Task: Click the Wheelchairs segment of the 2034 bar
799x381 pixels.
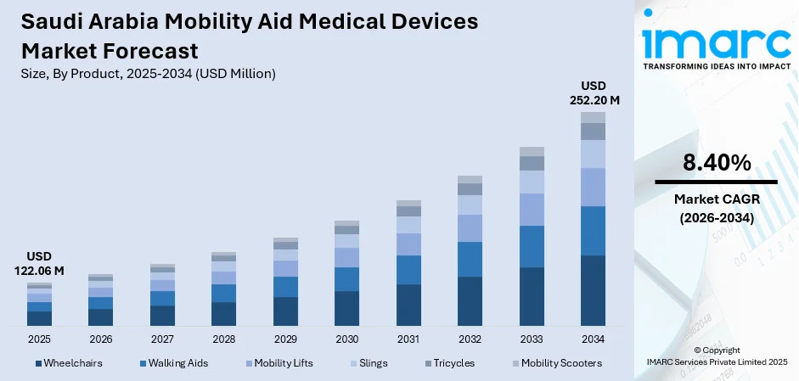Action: tap(593, 290)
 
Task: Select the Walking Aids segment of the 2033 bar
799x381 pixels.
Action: tap(532, 246)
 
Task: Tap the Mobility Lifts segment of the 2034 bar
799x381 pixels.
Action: tap(593, 187)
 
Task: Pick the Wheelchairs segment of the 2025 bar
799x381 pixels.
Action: tap(39, 318)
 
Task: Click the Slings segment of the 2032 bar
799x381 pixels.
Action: tap(470, 205)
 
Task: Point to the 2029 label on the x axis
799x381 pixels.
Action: tap(285, 339)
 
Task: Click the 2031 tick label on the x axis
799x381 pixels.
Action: tap(408, 339)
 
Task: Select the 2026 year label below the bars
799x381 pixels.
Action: tap(100, 339)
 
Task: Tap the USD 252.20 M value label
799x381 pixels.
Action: tap(594, 92)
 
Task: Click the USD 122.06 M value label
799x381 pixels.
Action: tap(39, 263)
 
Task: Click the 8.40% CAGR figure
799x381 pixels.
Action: tap(716, 163)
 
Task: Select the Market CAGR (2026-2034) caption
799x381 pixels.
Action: tap(716, 208)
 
